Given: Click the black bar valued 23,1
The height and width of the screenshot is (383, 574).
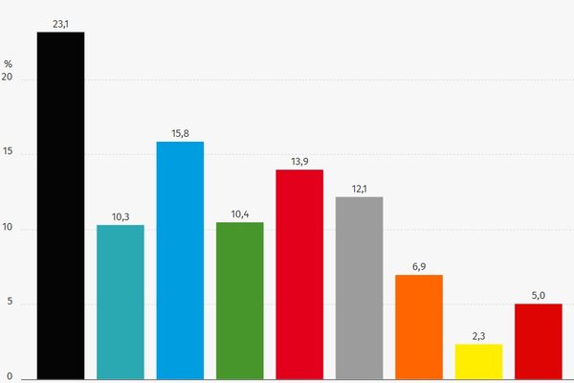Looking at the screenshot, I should click(60, 205).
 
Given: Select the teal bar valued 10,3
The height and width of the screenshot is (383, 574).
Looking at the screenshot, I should click(121, 302).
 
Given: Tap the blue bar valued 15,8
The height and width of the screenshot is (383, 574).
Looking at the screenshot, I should click(180, 259).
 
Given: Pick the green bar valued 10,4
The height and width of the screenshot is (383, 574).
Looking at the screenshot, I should click(240, 301).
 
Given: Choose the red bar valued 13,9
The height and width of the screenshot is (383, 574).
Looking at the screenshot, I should click(299, 274).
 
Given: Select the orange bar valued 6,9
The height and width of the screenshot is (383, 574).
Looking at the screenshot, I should click(419, 327).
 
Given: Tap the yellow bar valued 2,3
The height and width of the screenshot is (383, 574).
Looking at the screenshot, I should click(478, 361).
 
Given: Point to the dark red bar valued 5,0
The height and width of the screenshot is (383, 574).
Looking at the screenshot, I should click(539, 341).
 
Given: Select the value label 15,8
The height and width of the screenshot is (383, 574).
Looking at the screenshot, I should click(180, 133).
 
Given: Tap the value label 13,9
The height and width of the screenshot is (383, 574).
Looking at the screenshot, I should click(299, 161).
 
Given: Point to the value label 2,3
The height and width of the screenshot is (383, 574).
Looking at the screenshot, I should click(478, 335).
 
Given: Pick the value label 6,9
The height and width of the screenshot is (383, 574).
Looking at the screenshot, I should click(419, 265).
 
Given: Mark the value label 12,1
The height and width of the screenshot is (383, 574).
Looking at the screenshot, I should click(360, 188).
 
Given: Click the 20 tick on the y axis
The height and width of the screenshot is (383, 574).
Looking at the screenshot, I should click(9, 79).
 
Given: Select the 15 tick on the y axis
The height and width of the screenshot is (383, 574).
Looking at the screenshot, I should click(9, 154).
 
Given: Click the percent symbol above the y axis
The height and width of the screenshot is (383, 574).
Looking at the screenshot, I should click(8, 64).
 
